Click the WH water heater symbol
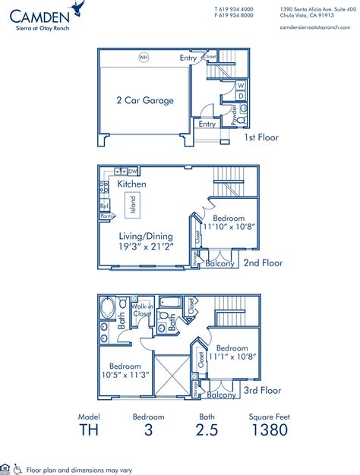[143, 57]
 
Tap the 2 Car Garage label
[144, 100]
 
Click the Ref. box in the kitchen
[104, 205]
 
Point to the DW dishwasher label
[133, 171]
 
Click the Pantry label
[106, 216]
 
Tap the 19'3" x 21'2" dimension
[145, 247]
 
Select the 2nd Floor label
[263, 263]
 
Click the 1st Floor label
[261, 137]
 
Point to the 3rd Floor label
[262, 391]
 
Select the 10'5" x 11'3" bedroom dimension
[126, 373]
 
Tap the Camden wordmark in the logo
[36, 13]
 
